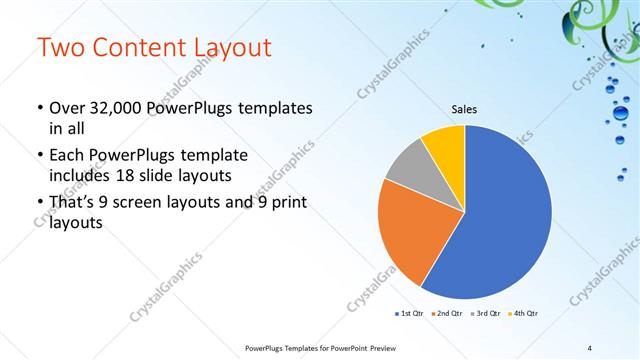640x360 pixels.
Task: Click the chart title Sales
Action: click(465, 109)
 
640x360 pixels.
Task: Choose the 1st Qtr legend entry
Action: click(409, 314)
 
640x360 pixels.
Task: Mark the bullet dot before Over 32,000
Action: click(38, 108)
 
